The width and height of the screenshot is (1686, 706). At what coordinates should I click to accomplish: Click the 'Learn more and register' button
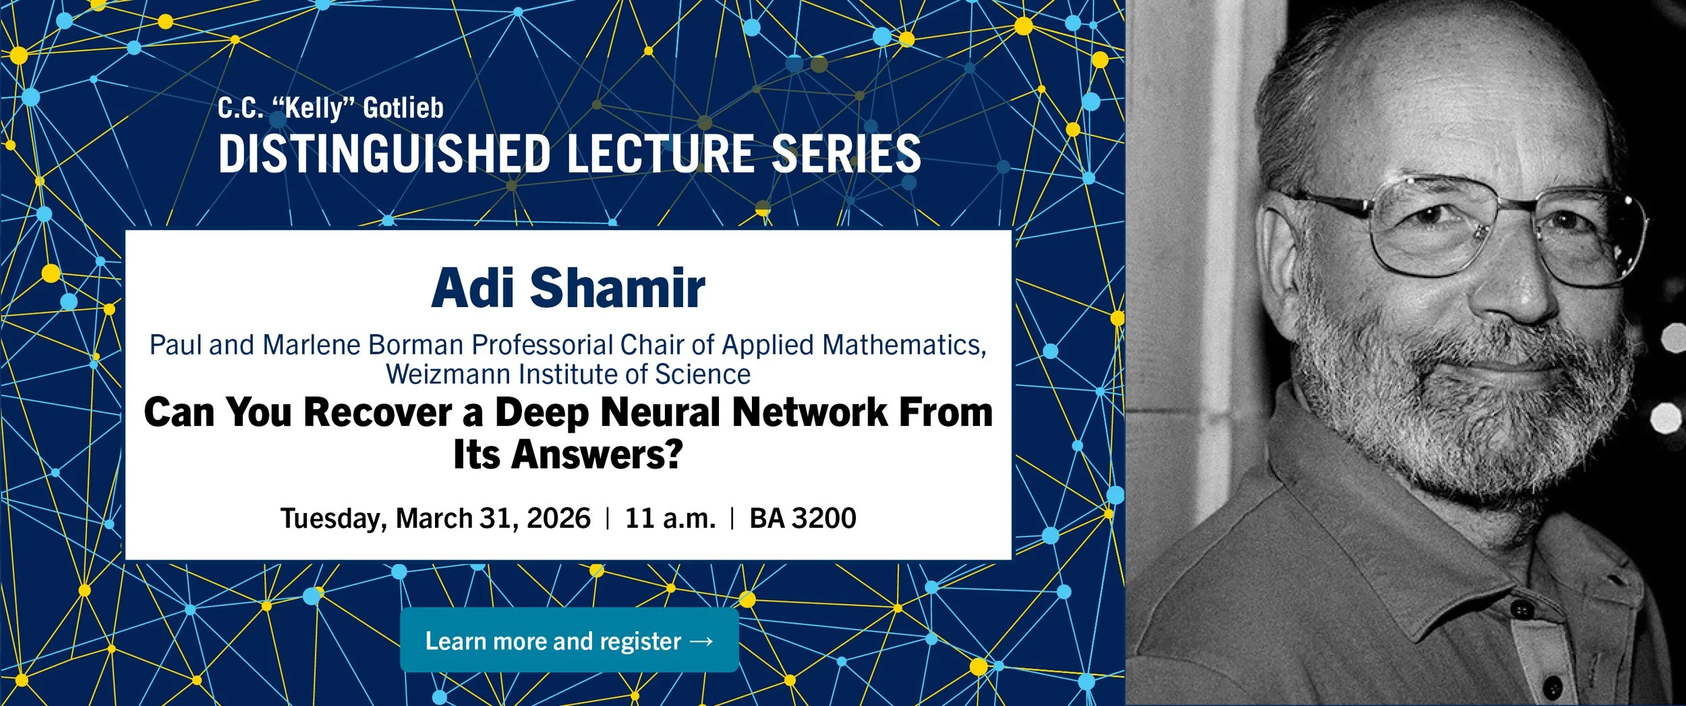569,640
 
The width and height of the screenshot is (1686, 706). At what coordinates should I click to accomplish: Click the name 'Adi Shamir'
568,288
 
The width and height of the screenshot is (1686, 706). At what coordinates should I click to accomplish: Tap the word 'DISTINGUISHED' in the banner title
384,153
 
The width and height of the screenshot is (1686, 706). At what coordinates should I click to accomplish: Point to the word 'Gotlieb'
403,108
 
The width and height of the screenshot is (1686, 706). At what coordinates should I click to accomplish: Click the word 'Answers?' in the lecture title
597,454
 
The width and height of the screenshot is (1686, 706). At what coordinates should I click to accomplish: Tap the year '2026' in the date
558,518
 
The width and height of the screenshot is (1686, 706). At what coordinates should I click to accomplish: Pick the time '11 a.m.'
670,518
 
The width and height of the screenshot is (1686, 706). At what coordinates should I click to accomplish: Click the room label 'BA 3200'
803,518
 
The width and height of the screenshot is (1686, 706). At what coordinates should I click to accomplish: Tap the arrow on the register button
701,641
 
